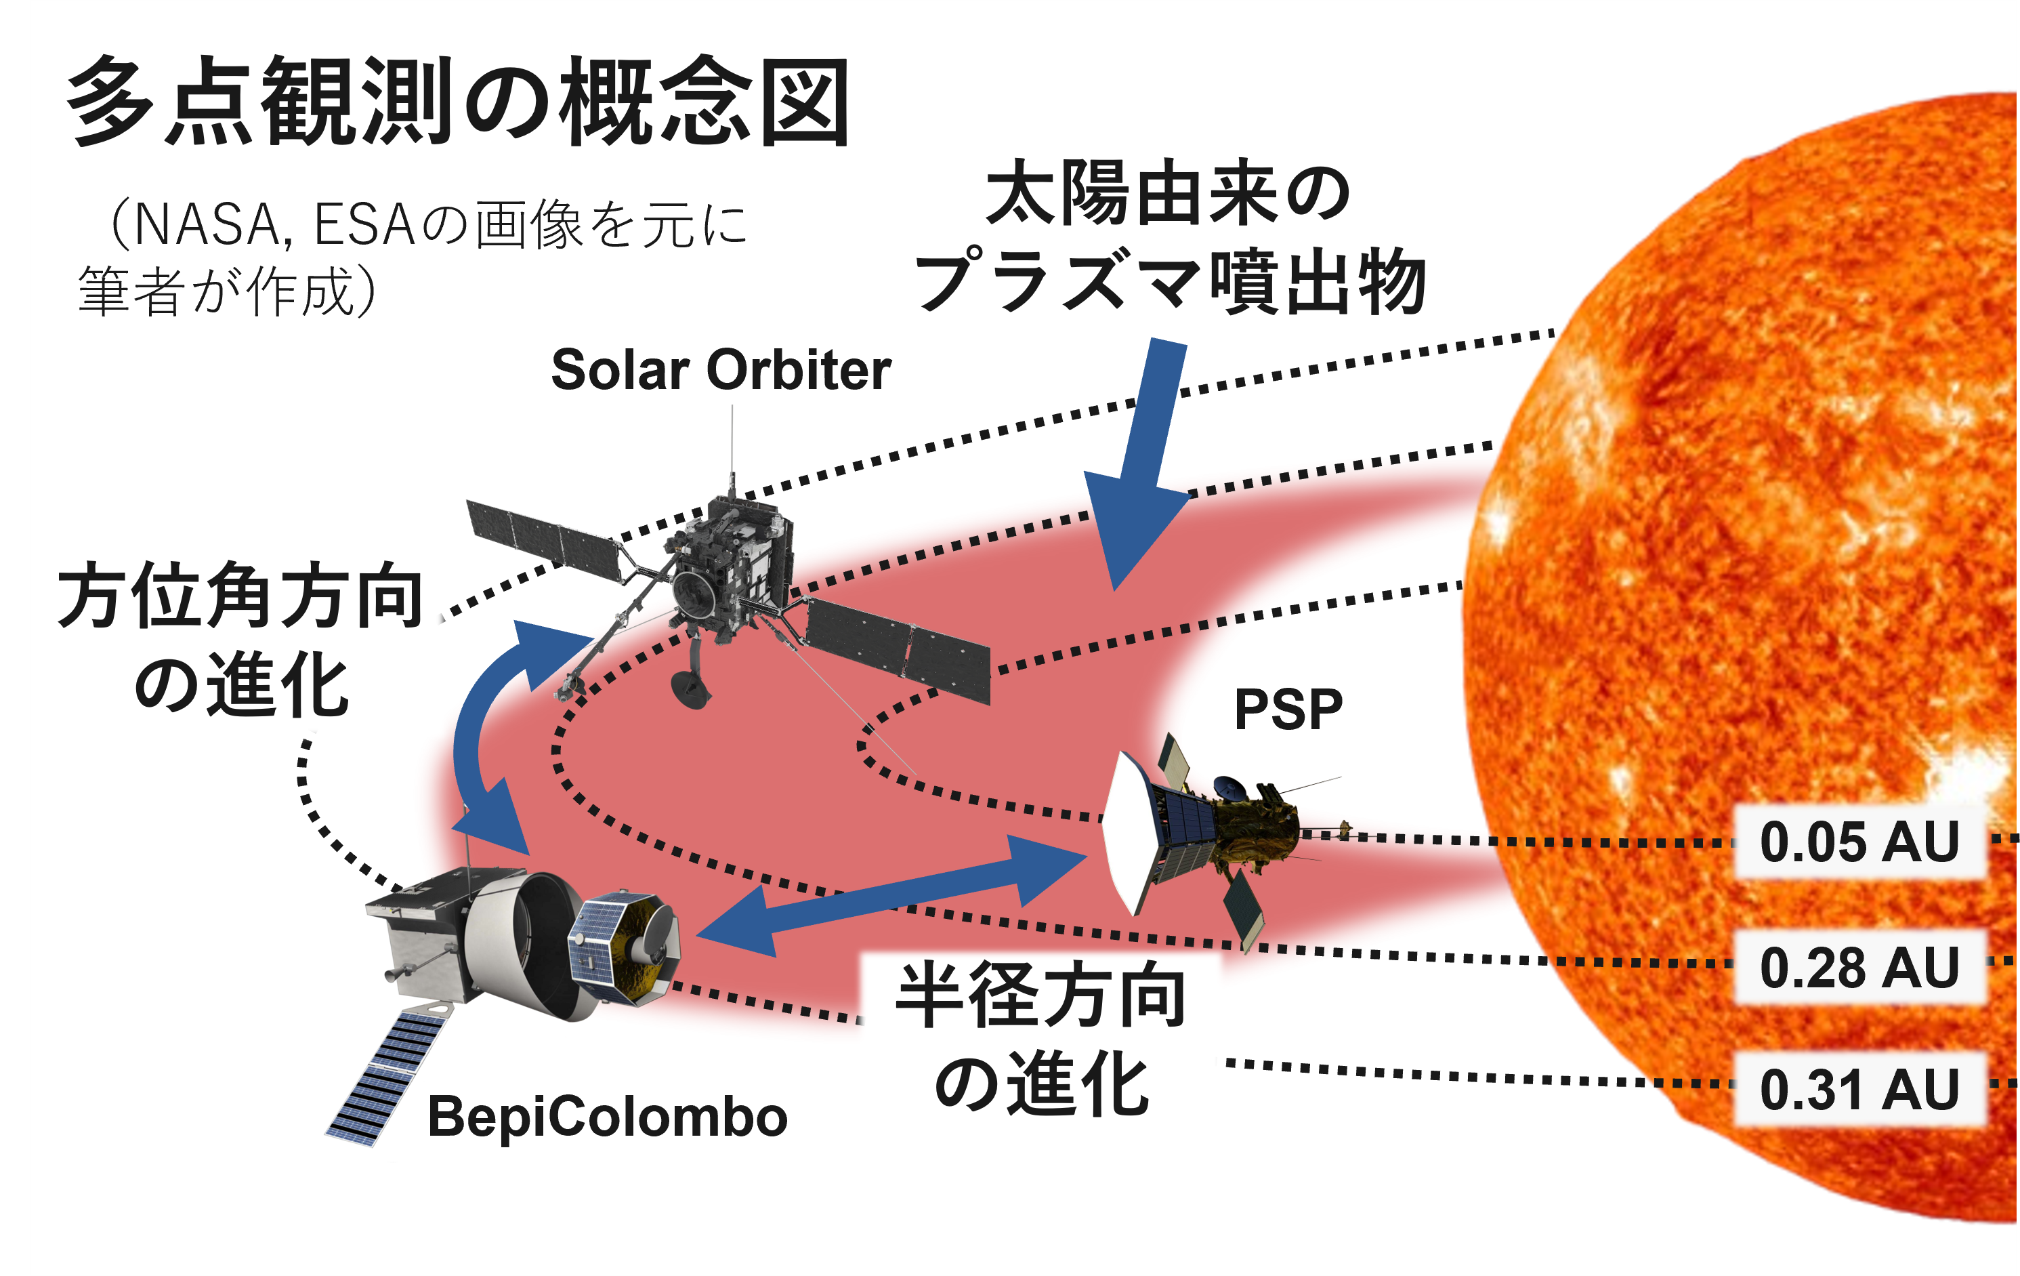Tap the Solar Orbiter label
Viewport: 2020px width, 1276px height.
pos(721,369)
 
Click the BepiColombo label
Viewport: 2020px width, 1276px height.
pos(608,1117)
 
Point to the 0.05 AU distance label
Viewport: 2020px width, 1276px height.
pos(1859,842)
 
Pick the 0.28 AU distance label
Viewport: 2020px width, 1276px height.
pos(1859,967)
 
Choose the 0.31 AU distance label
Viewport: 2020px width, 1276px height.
pos(1859,1090)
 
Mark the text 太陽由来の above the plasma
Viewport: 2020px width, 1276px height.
pos(1168,193)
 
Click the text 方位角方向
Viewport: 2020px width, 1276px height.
pos(240,596)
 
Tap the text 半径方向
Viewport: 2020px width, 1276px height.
pos(1041,995)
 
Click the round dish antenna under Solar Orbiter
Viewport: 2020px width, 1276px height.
pos(691,688)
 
